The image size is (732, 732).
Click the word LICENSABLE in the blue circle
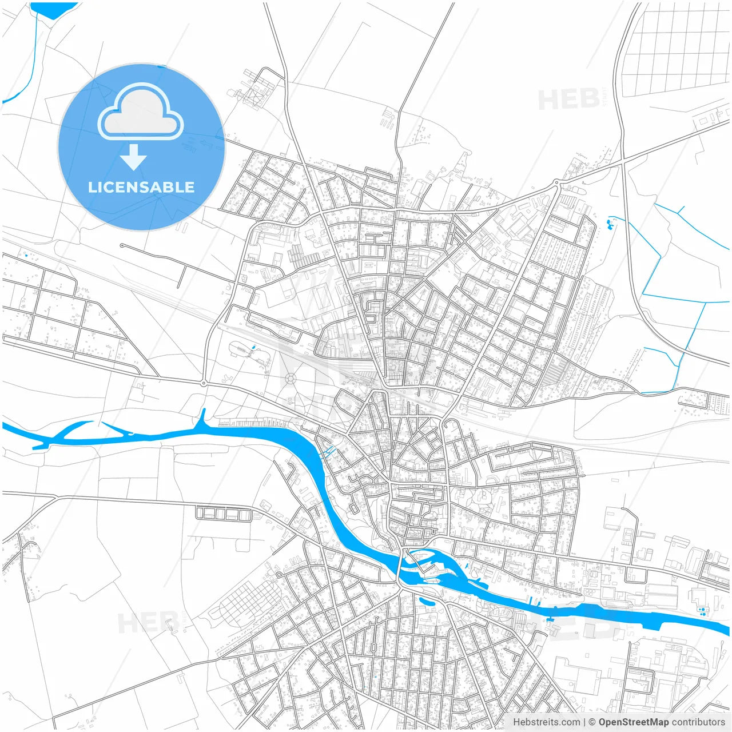141,187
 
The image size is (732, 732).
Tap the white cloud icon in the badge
141,113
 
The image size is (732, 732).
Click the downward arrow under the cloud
134,157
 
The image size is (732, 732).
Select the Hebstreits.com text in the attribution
546,722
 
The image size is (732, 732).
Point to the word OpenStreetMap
633,722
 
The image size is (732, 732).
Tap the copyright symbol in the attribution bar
592,722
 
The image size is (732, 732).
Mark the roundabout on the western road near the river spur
204,383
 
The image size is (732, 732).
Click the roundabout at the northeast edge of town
555,184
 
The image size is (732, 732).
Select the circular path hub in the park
291,378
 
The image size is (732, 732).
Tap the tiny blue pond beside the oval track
252,348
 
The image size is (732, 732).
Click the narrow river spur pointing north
202,417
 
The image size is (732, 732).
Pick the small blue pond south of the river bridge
427,600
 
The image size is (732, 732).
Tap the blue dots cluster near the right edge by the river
702,611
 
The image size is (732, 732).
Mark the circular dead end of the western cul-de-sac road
122,246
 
